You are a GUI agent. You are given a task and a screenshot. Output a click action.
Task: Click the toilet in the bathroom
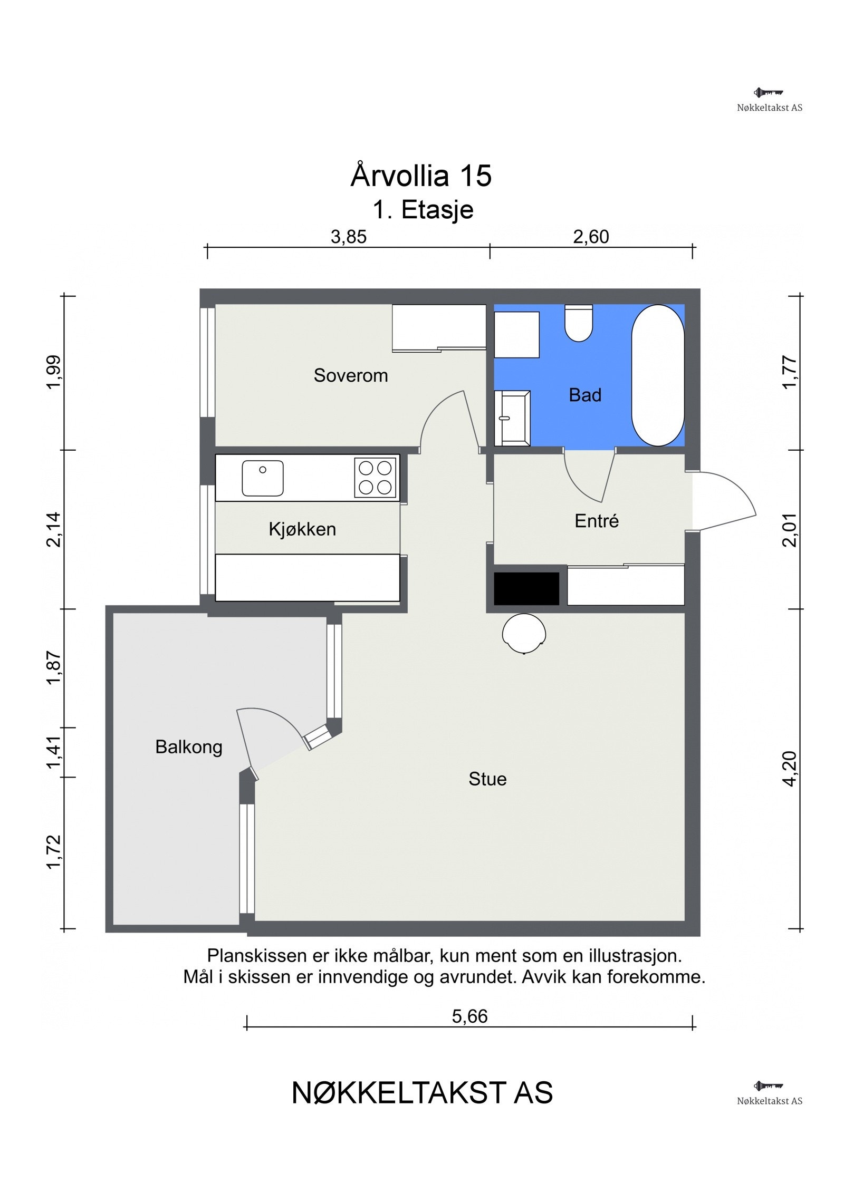tap(579, 323)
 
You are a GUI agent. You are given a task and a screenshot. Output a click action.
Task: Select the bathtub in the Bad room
tap(658, 375)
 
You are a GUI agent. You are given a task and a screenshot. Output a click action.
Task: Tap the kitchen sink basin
tap(263, 478)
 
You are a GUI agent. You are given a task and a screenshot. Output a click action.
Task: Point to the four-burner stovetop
tap(375, 478)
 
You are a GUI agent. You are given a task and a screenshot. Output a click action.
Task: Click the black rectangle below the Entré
tap(526, 588)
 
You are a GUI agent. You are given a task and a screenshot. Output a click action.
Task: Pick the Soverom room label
tap(351, 375)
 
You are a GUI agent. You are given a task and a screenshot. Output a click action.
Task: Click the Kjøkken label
tap(302, 529)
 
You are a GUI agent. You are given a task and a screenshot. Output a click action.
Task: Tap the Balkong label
tap(189, 748)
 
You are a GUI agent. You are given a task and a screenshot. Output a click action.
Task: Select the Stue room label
tap(487, 779)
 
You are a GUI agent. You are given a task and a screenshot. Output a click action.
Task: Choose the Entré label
tap(597, 521)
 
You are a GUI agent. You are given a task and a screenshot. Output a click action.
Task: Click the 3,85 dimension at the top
tap(349, 237)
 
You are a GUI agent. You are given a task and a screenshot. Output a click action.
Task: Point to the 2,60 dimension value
tap(591, 237)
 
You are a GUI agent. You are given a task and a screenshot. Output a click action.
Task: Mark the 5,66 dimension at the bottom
tap(469, 1016)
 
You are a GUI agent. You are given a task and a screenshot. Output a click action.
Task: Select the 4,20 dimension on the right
tap(790, 769)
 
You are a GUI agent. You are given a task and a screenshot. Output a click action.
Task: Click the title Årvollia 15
tap(421, 175)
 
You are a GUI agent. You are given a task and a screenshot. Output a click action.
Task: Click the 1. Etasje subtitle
tap(423, 210)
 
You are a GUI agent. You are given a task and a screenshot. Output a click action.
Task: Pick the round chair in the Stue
tap(524, 633)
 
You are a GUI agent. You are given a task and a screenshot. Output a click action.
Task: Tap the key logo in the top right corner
tap(769, 93)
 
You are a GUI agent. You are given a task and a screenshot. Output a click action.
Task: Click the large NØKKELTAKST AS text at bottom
tap(422, 1093)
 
